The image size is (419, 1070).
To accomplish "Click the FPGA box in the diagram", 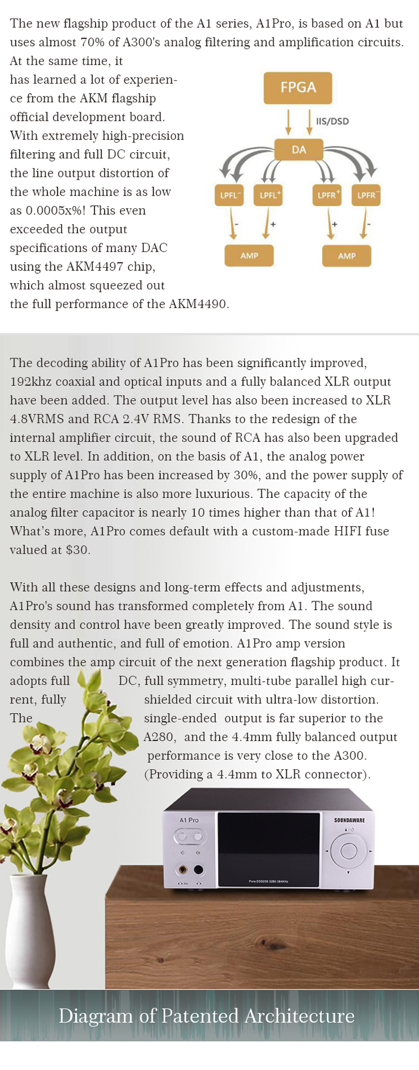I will [298, 87].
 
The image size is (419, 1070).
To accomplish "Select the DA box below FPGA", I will [299, 150].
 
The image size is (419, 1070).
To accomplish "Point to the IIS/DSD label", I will [333, 121].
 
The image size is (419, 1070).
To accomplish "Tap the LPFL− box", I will [230, 195].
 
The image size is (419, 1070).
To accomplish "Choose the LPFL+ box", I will [269, 195].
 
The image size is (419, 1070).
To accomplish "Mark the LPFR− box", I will [366, 195].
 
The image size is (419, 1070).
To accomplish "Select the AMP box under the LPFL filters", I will [249, 256].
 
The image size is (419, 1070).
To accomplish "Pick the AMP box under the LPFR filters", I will [346, 256].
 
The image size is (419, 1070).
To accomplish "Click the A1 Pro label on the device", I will [189, 820].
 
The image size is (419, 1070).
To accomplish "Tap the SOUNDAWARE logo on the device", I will [349, 820].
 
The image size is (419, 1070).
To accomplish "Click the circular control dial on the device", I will [348, 850].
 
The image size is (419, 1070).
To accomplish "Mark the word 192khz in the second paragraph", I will [30, 382].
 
